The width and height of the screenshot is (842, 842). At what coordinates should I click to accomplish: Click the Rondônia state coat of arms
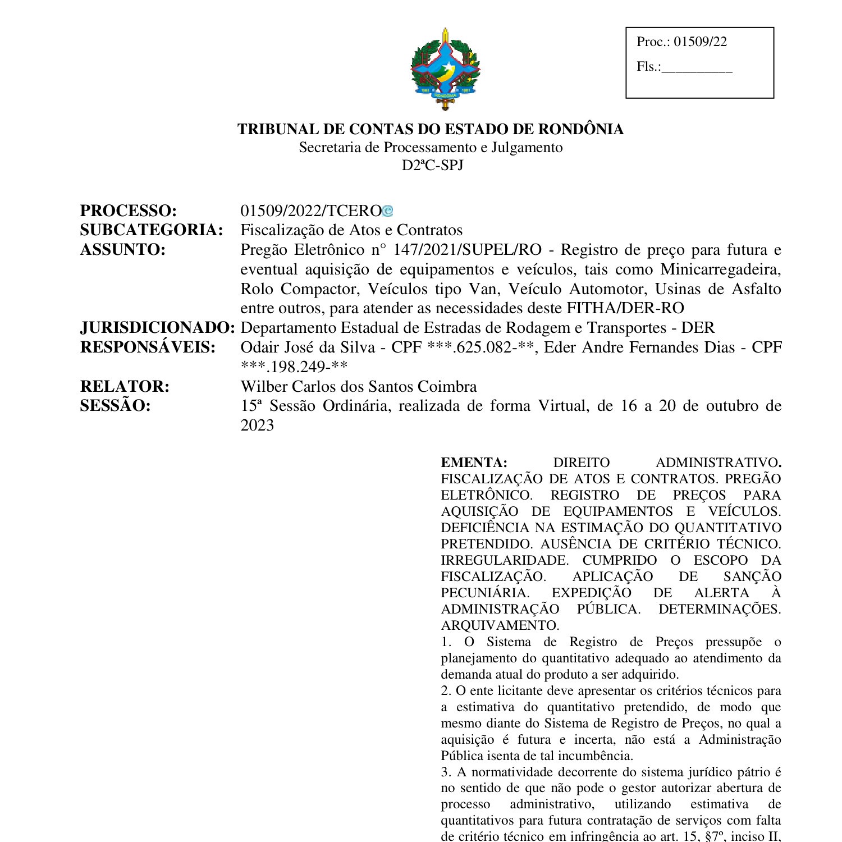click(445, 68)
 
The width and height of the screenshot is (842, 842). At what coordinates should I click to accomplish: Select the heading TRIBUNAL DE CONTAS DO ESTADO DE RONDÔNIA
click(431, 129)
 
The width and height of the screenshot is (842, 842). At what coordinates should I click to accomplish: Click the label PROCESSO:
click(129, 211)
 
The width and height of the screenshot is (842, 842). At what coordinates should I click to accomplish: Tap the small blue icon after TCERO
click(388, 212)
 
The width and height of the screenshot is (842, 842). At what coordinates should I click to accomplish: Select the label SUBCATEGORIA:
click(152, 230)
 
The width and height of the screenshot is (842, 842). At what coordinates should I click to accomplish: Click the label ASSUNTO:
click(123, 250)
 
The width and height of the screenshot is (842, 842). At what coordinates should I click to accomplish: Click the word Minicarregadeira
click(721, 269)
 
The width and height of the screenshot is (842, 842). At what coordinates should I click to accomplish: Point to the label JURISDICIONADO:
click(157, 328)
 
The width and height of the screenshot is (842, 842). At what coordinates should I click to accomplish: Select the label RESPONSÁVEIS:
click(148, 347)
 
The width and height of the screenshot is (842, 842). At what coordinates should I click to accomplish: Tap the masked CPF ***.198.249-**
click(294, 367)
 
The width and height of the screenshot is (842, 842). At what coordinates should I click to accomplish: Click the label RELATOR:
click(125, 387)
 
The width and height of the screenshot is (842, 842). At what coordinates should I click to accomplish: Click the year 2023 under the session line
click(257, 425)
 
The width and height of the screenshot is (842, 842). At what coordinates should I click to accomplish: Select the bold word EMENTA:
click(474, 463)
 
